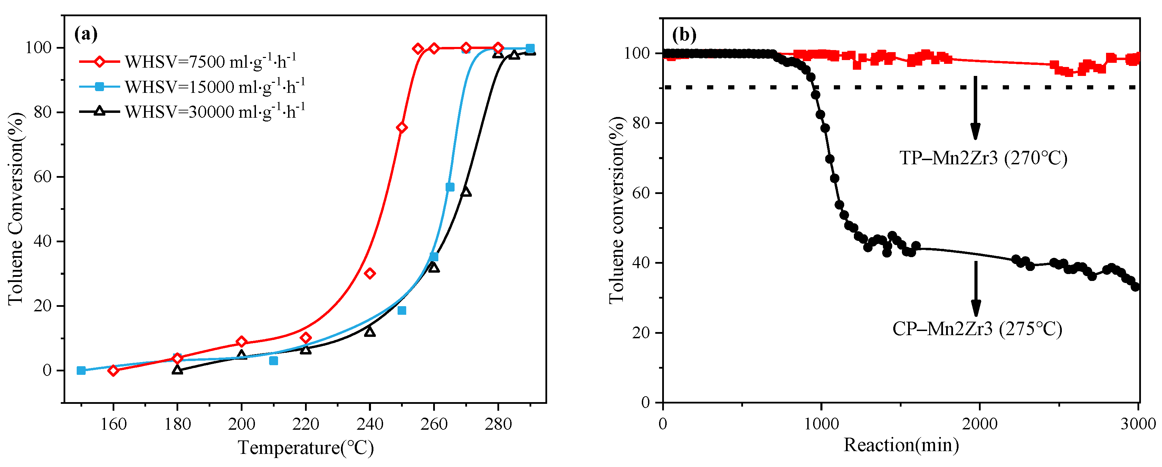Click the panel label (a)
click(x=85, y=34)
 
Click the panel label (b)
click(x=684, y=35)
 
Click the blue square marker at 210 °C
click(x=273, y=361)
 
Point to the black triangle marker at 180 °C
click(x=177, y=370)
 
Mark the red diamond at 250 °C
click(x=401, y=128)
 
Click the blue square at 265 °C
click(x=450, y=187)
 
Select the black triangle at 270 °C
click(x=466, y=192)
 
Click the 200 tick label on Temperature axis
click(x=241, y=424)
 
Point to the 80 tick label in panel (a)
click(x=43, y=112)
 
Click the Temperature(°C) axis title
click(x=305, y=448)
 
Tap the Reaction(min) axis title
click(x=901, y=445)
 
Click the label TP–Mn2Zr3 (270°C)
click(x=983, y=158)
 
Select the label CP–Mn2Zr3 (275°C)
click(x=977, y=329)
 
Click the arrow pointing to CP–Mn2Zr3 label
click(x=976, y=289)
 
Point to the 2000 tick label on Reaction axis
click(x=979, y=424)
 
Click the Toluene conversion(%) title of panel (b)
click(x=616, y=210)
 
